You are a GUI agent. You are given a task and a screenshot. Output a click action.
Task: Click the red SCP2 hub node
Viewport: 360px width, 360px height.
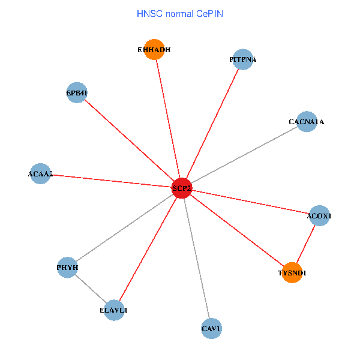click(x=181, y=188)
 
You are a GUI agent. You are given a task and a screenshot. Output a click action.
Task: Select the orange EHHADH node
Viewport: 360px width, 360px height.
click(x=155, y=50)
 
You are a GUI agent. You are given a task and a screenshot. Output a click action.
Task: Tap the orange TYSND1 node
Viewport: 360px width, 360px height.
click(x=292, y=272)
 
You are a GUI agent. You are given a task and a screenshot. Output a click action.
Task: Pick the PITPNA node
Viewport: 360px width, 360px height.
click(x=242, y=59)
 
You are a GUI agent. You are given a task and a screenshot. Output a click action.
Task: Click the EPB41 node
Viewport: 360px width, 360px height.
click(x=77, y=92)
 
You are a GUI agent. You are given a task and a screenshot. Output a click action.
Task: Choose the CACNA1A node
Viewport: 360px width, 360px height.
click(x=307, y=121)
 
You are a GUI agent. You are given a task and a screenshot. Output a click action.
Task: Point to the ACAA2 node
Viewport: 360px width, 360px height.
click(x=40, y=173)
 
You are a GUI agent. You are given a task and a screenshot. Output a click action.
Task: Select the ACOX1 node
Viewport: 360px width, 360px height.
click(x=319, y=215)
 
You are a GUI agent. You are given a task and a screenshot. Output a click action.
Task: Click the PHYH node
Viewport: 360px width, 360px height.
click(x=67, y=267)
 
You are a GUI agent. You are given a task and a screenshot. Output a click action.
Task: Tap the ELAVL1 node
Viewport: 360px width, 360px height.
click(x=114, y=310)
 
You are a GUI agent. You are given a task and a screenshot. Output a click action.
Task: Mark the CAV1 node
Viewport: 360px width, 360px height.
click(x=211, y=328)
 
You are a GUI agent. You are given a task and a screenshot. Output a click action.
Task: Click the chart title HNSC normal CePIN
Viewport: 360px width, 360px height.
click(x=180, y=13)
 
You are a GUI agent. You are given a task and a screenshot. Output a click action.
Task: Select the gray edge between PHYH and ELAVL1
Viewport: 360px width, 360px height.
click(x=91, y=289)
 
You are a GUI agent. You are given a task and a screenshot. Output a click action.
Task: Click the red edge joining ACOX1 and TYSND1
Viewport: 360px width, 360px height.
click(x=305, y=244)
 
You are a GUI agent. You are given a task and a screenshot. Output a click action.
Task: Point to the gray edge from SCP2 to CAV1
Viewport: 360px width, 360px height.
click(x=196, y=258)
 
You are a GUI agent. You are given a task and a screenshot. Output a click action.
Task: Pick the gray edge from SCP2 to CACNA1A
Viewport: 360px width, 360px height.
click(x=244, y=155)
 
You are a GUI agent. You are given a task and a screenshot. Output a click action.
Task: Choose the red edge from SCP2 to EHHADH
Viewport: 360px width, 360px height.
click(x=168, y=119)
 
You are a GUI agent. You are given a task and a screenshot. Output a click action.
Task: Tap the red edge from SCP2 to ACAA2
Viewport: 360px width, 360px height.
click(x=110, y=181)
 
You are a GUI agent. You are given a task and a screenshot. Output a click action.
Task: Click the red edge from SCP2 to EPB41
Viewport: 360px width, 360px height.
click(x=129, y=140)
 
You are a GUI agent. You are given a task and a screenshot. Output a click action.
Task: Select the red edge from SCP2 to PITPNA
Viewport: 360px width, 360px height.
click(x=211, y=124)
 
